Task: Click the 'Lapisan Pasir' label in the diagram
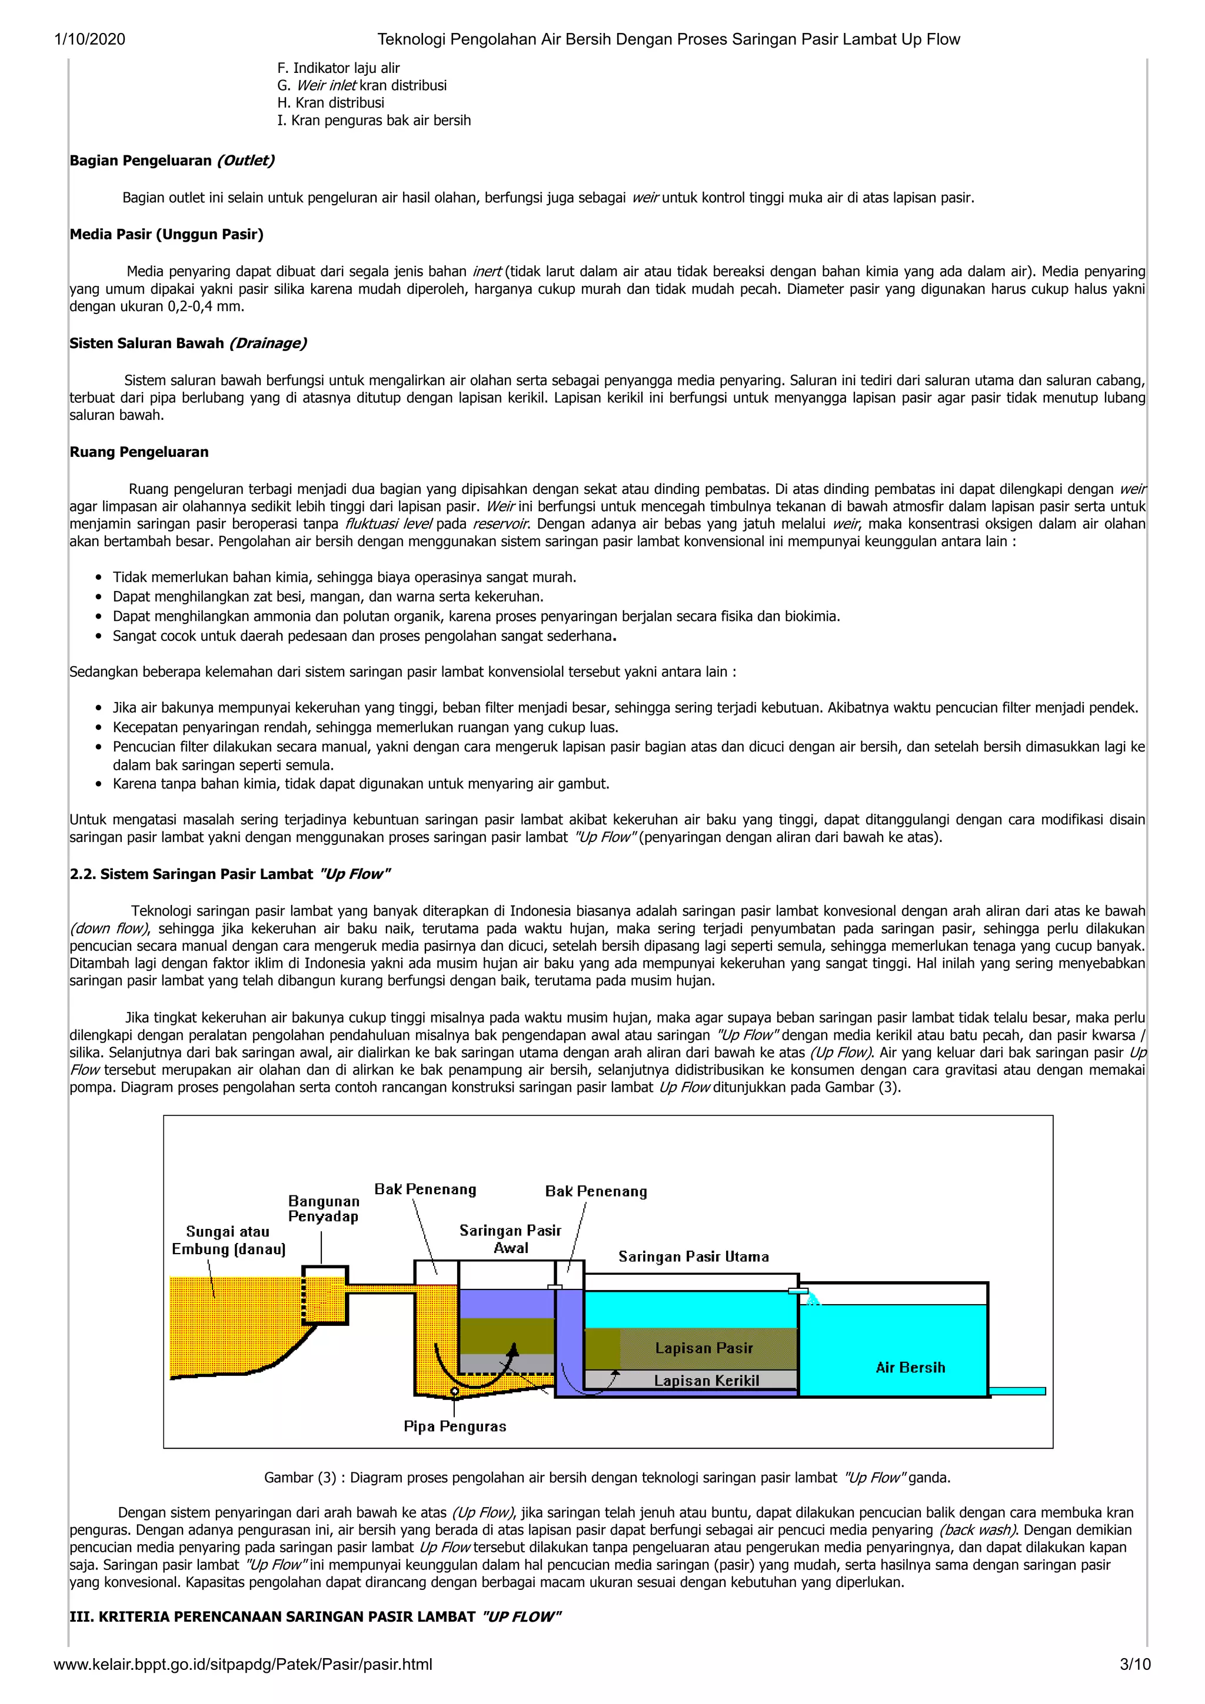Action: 704,1348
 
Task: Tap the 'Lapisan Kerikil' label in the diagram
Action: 706,1381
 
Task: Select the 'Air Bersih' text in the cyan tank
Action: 910,1367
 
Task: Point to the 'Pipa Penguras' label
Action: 454,1426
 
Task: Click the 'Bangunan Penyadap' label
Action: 323,1208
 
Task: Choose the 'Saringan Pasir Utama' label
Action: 694,1256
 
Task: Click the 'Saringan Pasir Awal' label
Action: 510,1239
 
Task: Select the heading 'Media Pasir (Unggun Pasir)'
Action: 167,235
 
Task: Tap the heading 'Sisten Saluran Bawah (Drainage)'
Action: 188,343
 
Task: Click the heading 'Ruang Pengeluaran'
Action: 139,452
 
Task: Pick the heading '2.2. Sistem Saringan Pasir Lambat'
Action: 229,874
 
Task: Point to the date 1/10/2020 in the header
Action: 90,39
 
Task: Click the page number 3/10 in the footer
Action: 1134,1664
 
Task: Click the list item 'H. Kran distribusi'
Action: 331,102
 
